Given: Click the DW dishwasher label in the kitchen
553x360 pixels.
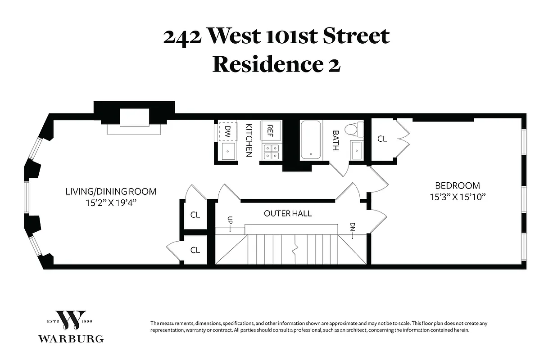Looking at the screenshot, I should pos(227,131).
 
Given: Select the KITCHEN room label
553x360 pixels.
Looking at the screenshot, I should pos(248,140).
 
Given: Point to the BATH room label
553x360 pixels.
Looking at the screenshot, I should pos(335,140).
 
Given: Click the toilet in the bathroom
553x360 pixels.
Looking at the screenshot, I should pos(353,129).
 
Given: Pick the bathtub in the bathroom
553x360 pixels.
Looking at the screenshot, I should pos(311,139).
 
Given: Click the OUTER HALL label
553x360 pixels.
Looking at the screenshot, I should pos(288,213).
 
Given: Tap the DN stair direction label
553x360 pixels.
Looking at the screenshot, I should pos(353,227).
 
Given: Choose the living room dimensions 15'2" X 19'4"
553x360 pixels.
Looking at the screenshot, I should pos(111,203).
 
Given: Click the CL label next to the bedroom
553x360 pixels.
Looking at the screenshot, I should pos(382,139).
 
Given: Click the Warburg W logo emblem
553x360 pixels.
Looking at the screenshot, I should pos(71,320).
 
